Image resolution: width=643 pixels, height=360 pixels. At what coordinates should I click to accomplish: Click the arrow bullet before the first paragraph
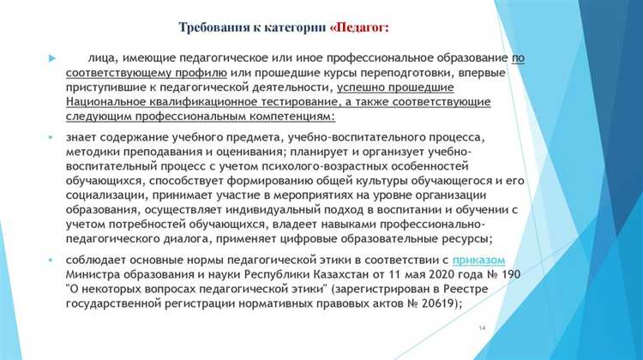click(52, 58)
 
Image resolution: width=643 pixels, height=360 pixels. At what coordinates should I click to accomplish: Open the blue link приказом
click(478, 261)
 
